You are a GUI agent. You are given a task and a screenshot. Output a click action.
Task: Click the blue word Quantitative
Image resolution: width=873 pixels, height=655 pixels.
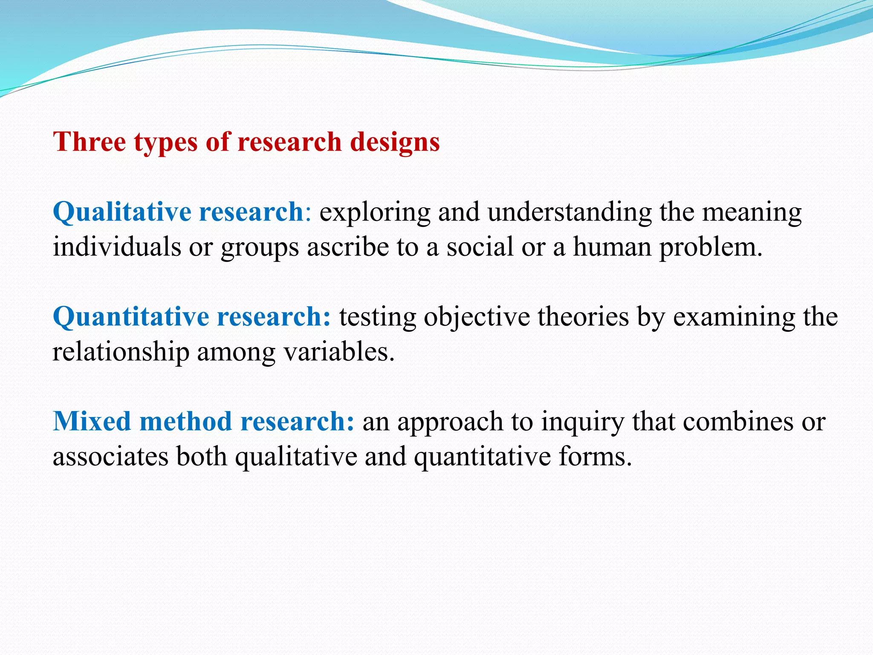click(x=130, y=317)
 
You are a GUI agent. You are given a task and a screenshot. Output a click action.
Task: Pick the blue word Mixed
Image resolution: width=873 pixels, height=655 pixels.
click(x=92, y=421)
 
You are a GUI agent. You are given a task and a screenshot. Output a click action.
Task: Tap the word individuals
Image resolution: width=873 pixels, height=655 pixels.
click(x=117, y=247)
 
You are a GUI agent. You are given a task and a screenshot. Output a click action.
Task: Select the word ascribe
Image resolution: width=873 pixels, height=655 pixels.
click(x=347, y=247)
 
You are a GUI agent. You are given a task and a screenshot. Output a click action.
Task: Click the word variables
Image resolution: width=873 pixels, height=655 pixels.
click(x=339, y=352)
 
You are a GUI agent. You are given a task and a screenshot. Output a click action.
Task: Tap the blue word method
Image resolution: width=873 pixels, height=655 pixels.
click(x=185, y=421)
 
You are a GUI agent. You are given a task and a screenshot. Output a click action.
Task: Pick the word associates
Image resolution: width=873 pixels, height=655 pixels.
click(x=110, y=456)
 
